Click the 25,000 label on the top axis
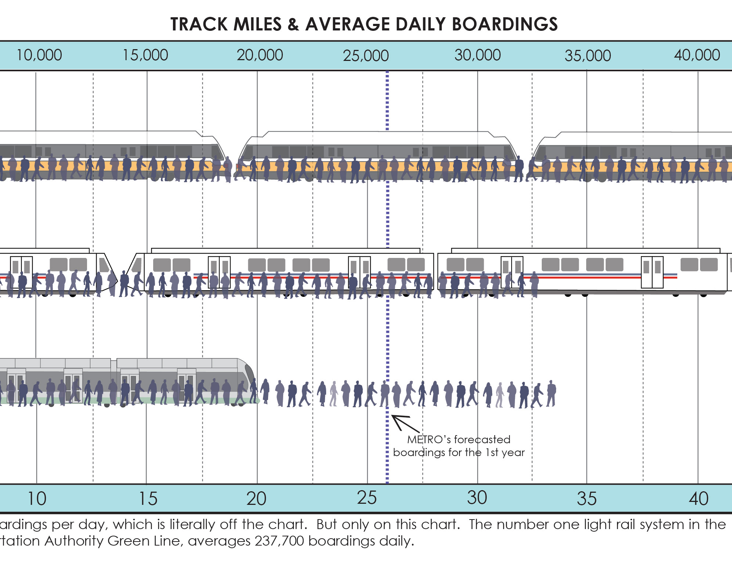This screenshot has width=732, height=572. (x=365, y=56)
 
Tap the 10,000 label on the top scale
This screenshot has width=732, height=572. (x=39, y=55)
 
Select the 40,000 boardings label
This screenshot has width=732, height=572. (x=697, y=55)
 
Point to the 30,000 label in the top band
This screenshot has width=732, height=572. (x=477, y=55)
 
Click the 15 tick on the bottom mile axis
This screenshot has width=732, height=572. (x=148, y=499)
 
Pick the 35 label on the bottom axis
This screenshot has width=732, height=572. (x=587, y=499)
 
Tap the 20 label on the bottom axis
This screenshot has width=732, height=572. (x=256, y=499)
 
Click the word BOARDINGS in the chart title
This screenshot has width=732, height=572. (x=505, y=24)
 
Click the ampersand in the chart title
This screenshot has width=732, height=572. (x=293, y=24)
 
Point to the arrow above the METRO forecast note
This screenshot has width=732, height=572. (x=404, y=423)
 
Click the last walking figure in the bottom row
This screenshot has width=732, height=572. (x=551, y=393)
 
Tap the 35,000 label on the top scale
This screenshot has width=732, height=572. (x=588, y=56)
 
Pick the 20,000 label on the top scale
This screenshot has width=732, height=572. (x=260, y=55)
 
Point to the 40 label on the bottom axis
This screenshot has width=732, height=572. (x=698, y=499)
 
